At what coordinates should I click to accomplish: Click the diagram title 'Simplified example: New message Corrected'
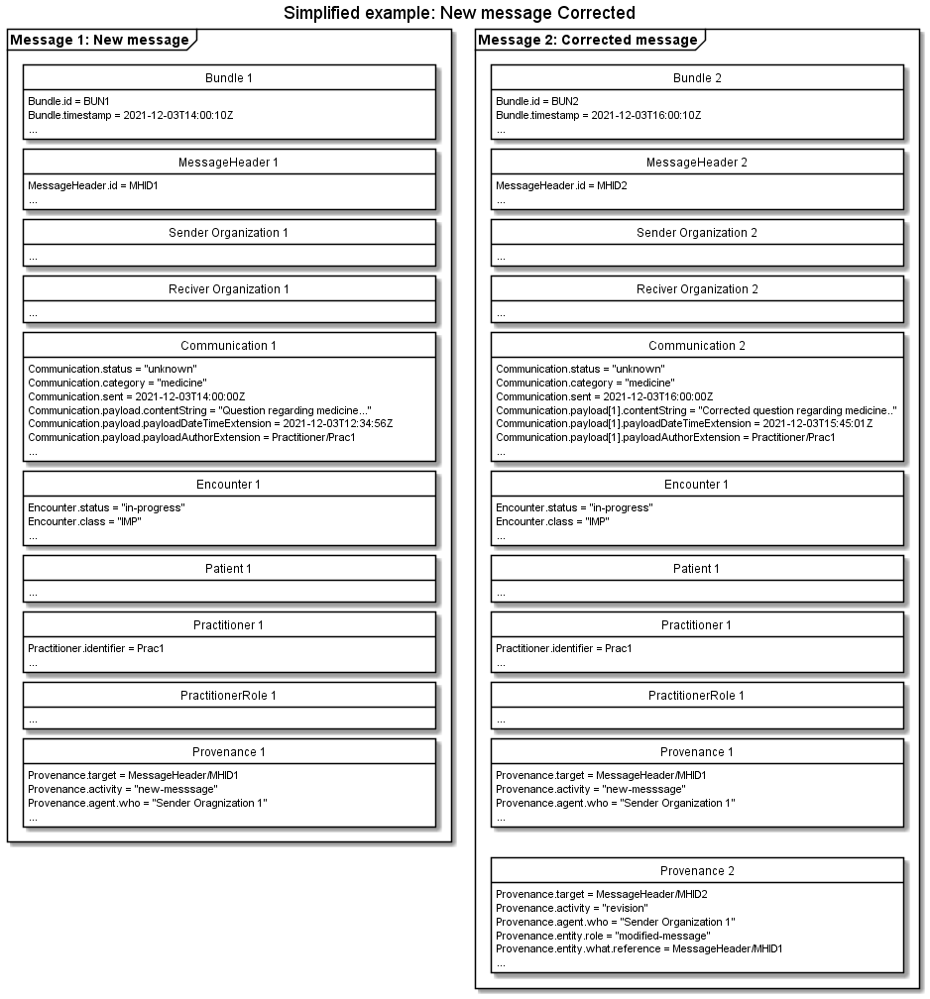click(459, 13)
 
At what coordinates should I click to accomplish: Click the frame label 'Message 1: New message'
click(99, 40)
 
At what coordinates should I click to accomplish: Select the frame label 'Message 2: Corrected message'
click(588, 40)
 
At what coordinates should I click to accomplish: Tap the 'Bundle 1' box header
click(228, 78)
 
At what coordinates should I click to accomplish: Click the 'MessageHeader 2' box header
click(696, 163)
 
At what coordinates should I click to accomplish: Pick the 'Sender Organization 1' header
click(228, 233)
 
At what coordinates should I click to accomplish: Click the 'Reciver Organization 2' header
click(696, 289)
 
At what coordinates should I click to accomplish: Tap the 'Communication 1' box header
click(228, 346)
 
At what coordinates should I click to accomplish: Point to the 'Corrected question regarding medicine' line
click(696, 410)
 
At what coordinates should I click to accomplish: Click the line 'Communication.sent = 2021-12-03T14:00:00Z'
click(136, 396)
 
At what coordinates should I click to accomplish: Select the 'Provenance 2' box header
click(696, 871)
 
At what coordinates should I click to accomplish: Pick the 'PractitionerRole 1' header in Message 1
click(228, 695)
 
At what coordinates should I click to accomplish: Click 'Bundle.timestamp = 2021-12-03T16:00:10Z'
click(598, 115)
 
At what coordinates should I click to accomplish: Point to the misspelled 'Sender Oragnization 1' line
click(148, 803)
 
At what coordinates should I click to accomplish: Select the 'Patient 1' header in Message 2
click(696, 569)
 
